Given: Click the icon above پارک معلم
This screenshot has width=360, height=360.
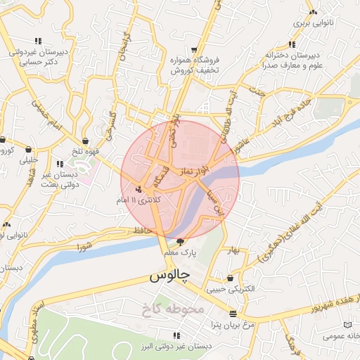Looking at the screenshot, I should [180, 242].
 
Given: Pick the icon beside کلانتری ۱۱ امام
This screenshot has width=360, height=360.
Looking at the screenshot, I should [139, 189].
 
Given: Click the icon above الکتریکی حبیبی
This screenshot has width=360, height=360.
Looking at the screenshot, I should [230, 278].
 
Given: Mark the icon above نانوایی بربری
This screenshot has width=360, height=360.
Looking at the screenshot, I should [313, 12].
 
